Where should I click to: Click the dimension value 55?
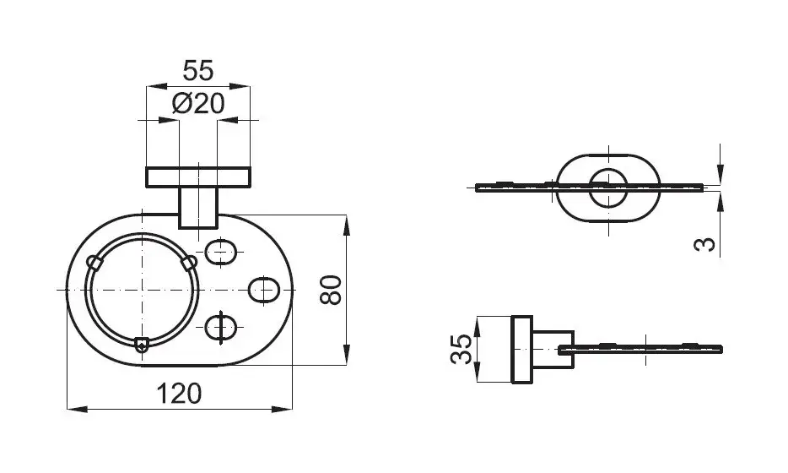[198, 70]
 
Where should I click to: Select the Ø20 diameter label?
[198, 104]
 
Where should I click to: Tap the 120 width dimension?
[179, 394]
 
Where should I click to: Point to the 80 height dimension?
[331, 290]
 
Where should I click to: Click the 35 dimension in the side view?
[461, 349]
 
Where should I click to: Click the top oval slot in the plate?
[220, 252]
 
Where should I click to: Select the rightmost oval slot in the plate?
[264, 291]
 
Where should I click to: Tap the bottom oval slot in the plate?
[220, 327]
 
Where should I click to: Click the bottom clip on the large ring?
[142, 344]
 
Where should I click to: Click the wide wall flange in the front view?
[198, 177]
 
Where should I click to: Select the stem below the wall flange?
[198, 207]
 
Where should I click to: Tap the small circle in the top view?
[608, 188]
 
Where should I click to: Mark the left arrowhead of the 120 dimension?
[78, 409]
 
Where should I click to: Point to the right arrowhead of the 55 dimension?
[240, 86]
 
